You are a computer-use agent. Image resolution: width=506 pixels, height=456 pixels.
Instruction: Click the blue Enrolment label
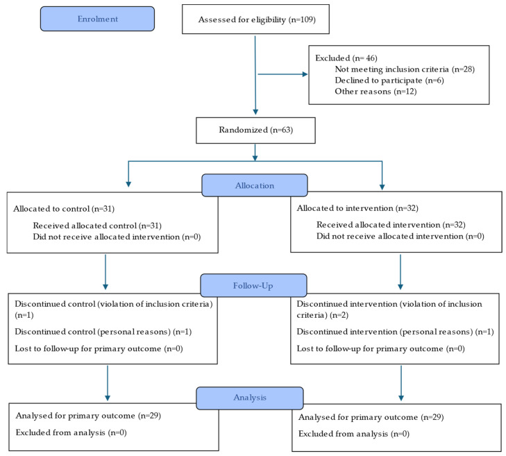(97, 19)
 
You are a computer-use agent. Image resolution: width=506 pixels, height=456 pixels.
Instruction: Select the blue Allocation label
(254, 186)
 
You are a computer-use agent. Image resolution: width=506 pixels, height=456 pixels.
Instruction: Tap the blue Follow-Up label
(253, 285)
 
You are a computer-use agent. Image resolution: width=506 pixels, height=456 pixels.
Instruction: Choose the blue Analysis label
(249, 398)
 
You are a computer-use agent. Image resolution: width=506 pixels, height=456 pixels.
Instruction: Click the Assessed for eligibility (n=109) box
(255, 19)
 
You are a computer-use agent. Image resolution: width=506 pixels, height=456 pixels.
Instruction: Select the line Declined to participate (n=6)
(389, 81)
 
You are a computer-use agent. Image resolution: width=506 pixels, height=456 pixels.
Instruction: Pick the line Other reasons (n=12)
(376, 92)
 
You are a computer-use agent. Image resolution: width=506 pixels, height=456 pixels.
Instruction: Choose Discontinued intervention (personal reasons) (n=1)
(395, 332)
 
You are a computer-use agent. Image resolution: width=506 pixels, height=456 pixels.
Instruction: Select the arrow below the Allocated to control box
(106, 271)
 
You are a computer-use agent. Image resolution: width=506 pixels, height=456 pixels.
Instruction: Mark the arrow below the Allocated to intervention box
(401, 271)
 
